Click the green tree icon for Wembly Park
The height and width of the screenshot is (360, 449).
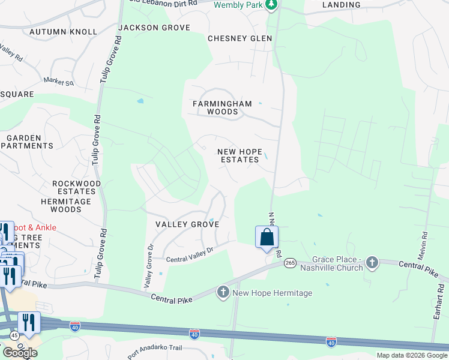tap(272, 5)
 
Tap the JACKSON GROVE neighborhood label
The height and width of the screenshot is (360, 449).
tap(154, 28)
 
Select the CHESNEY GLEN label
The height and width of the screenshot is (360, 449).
tap(240, 38)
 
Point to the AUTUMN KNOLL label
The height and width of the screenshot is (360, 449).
tap(63, 32)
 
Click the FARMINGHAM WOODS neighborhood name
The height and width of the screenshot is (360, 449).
tap(223, 107)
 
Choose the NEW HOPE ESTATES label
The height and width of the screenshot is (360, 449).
tap(240, 155)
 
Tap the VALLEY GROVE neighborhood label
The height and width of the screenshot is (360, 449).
tap(187, 224)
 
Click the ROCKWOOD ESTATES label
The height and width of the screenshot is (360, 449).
tap(77, 188)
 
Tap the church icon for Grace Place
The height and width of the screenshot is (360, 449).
tap(372, 262)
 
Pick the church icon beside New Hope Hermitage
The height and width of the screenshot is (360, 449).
tap(223, 292)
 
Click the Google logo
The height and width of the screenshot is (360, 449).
tap(20, 353)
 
